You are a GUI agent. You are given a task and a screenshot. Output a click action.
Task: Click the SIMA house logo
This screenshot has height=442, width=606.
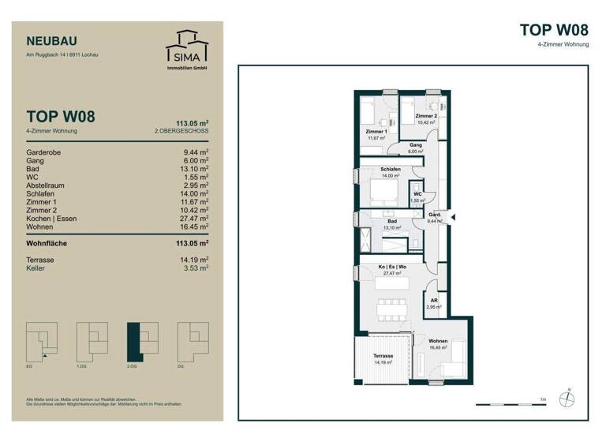[x=186, y=47]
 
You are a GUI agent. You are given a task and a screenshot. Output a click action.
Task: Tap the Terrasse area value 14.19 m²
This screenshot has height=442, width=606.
[x=195, y=260]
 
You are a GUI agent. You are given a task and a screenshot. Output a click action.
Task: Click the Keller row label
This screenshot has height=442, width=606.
[x=36, y=268]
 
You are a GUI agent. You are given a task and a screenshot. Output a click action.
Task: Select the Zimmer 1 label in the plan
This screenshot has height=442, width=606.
[x=376, y=131]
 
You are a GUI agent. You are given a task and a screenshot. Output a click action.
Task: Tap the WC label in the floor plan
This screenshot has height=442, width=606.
[x=418, y=193]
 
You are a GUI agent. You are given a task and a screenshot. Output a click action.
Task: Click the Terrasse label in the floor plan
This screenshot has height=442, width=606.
[x=384, y=356]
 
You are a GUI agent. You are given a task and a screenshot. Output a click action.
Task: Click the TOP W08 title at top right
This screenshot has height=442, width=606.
[x=554, y=30]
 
